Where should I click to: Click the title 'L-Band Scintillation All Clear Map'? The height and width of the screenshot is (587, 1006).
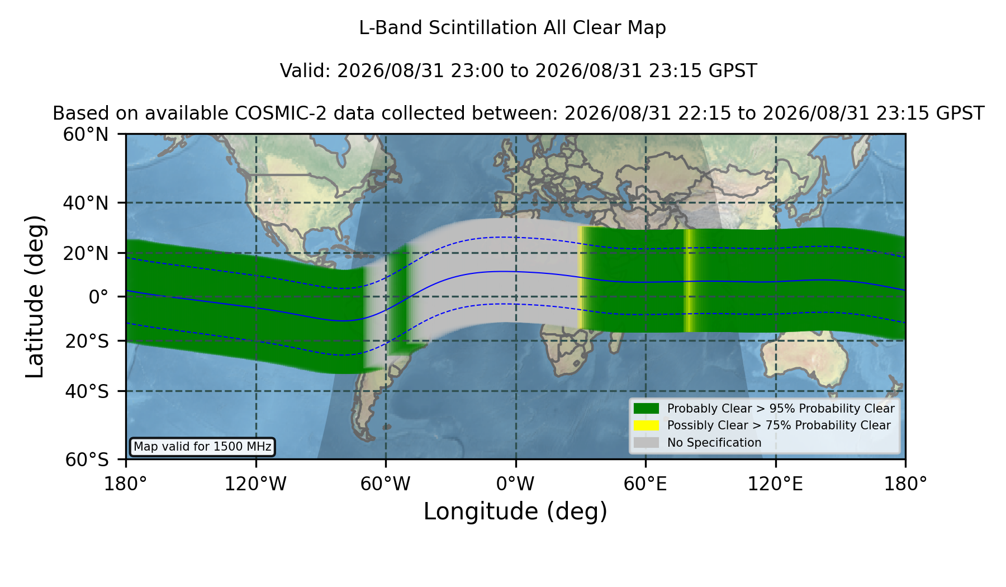pos(513,28)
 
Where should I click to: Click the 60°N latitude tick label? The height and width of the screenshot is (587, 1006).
pos(86,135)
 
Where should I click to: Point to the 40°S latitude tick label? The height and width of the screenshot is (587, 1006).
pos(87,391)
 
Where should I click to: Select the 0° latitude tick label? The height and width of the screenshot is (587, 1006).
pos(98,296)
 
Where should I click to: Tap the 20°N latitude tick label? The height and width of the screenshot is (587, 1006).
pos(86,253)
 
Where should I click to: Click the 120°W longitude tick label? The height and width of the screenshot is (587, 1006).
pos(255,484)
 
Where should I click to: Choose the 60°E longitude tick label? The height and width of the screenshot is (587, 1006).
pos(646,484)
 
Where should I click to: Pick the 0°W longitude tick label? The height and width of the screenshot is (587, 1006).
pos(515,484)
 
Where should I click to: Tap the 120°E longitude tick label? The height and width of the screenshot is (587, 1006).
pos(775,484)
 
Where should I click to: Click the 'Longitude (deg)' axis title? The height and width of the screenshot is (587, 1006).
pos(515,512)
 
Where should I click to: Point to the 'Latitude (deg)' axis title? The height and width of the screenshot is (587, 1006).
pos(35,296)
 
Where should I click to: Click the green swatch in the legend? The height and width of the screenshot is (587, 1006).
pos(646,408)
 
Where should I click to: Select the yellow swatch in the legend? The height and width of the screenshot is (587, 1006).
pos(646,425)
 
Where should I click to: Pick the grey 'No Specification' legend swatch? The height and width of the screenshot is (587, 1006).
pos(646,443)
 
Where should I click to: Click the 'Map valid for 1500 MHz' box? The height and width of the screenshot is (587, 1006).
pos(202,447)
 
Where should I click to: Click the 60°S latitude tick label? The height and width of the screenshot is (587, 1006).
pos(87,460)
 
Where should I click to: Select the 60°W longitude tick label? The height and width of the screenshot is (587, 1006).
pos(386,484)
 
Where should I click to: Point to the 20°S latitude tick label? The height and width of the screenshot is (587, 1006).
pos(87,341)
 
